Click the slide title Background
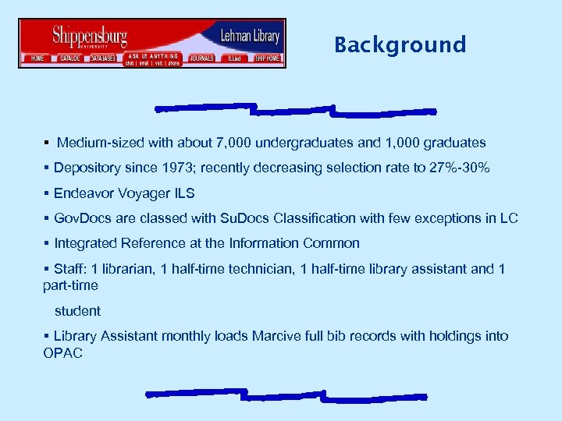tap(400, 45)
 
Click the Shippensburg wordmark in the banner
tap(89, 36)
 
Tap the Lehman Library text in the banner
tap(250, 36)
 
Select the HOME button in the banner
tap(37, 58)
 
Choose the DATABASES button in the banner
tap(103, 58)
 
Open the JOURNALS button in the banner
tap(201, 58)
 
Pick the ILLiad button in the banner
tap(233, 58)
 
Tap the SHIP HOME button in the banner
tap(267, 58)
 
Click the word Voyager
tap(138, 193)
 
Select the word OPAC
tap(63, 353)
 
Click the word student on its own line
tap(77, 311)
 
